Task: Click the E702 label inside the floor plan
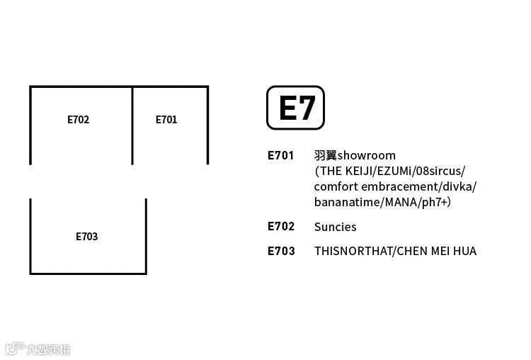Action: (78, 120)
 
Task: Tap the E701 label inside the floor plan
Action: (166, 120)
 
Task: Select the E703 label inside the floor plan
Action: (86, 237)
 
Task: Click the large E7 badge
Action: (295, 108)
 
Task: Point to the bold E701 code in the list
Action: (280, 155)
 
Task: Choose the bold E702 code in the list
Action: (281, 227)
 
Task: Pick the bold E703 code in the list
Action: (281, 251)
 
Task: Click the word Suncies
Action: (335, 227)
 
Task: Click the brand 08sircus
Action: (442, 171)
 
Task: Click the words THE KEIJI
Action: (350, 171)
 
